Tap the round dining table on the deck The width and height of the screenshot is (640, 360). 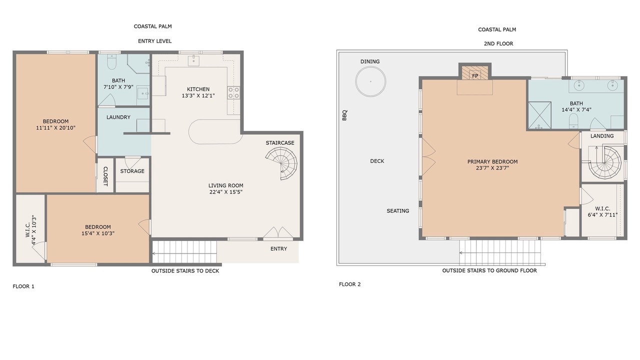370,81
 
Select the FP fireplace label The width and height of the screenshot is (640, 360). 475,76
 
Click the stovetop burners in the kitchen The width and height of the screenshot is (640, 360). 233,93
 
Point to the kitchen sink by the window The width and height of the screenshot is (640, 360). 193,60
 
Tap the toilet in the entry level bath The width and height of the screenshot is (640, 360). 111,62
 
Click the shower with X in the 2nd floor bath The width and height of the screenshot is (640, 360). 539,115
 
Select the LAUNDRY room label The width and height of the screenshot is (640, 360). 118,117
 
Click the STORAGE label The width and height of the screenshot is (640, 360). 132,171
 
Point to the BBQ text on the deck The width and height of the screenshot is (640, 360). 344,115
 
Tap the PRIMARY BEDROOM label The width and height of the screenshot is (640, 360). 492,161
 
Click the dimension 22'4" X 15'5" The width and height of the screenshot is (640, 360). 225,192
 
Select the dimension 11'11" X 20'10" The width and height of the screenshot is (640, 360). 55,127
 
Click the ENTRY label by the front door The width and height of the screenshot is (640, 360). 278,249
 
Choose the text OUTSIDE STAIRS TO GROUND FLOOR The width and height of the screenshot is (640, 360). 489,270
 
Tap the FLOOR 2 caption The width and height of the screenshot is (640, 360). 349,284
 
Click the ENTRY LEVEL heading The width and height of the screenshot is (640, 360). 155,41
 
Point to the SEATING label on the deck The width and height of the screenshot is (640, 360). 397,211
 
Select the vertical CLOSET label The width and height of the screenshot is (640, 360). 105,176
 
